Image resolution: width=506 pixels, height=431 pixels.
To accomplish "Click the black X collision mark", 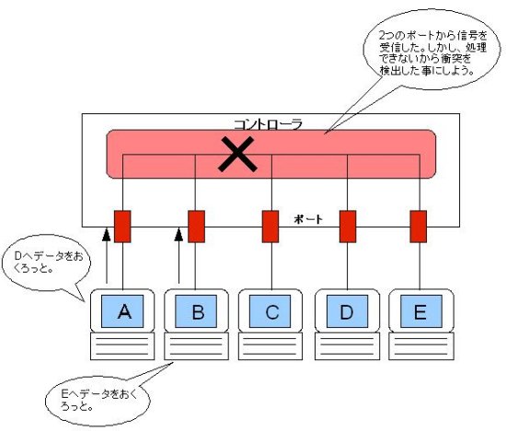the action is [x=237, y=154].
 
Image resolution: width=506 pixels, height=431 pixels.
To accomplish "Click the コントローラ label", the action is [x=268, y=124].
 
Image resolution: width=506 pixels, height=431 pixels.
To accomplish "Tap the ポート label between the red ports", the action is [x=308, y=219].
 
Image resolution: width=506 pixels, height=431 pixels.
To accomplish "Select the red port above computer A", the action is [x=122, y=227].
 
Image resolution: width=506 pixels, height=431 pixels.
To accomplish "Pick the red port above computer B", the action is [x=196, y=227].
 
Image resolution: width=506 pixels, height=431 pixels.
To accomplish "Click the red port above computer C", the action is [x=270, y=227].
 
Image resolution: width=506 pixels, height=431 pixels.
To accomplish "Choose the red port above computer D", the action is [x=348, y=227].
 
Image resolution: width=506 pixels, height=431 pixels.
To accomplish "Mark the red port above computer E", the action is [x=419, y=227].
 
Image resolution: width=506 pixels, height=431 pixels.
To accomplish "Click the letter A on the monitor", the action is [x=124, y=311].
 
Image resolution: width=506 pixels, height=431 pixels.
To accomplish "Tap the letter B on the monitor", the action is [x=198, y=312].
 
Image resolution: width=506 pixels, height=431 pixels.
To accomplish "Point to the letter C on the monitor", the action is [x=272, y=312].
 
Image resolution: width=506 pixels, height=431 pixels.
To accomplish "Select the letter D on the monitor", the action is [x=347, y=312].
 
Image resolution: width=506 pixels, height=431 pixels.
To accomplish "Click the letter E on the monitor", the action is [x=420, y=312].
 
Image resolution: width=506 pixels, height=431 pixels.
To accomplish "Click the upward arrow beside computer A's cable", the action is [x=106, y=256].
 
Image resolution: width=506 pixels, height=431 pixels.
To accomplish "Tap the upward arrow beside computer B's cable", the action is [x=178, y=256].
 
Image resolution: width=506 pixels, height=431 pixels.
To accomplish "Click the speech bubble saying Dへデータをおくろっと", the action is [x=47, y=262].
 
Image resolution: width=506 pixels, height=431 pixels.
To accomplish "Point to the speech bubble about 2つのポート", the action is [x=431, y=50].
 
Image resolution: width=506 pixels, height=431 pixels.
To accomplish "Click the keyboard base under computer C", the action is [x=270, y=346].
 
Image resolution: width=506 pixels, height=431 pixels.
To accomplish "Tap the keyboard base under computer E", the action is [x=421, y=346].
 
